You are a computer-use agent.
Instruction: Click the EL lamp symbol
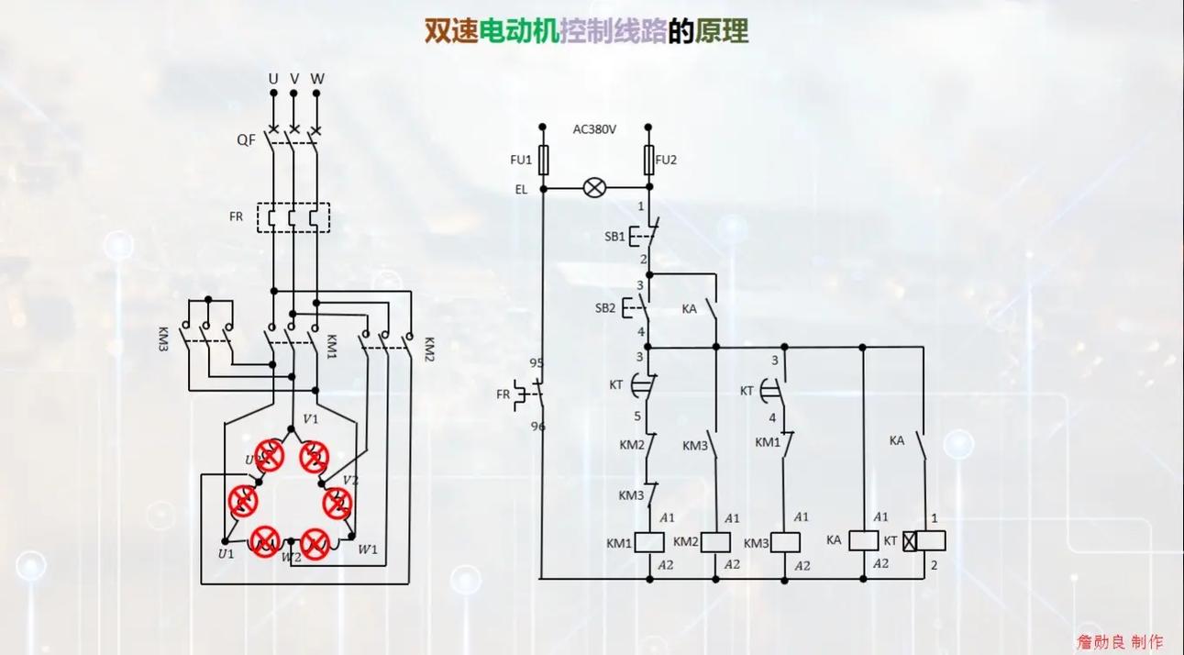595,188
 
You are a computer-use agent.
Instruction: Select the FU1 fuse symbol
542,160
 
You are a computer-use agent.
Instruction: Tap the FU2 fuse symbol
649,160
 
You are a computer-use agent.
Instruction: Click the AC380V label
594,129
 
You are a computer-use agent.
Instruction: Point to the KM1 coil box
649,542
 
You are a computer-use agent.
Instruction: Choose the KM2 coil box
715,542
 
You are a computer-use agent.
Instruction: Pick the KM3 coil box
785,542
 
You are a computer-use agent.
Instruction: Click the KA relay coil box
864,540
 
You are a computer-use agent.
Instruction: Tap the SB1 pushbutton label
614,236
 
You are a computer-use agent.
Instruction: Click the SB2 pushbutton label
604,307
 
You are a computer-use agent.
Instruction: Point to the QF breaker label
246,139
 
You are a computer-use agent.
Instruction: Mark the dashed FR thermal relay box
293,218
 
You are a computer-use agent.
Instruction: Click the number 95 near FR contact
537,362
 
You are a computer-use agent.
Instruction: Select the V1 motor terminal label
310,419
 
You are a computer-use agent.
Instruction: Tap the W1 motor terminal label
368,550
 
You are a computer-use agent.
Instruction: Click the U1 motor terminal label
225,553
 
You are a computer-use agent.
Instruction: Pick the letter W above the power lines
317,79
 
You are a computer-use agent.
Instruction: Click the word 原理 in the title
722,31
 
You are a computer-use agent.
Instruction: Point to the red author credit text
1120,641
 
